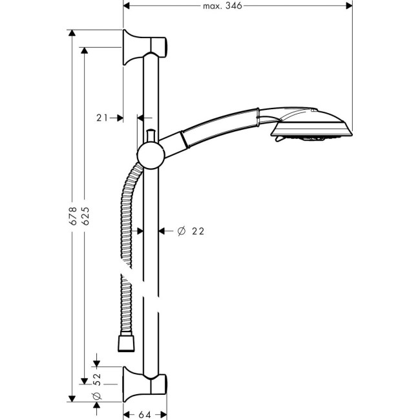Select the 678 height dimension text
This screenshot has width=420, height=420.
pos(73,216)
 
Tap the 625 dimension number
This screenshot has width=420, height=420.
pos(85,216)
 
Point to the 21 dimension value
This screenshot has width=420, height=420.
pos(101,118)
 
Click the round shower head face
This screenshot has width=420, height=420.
pos(313,129)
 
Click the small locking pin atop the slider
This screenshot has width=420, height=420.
pos(150,136)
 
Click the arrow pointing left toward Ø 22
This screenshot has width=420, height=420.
pos(163,231)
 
